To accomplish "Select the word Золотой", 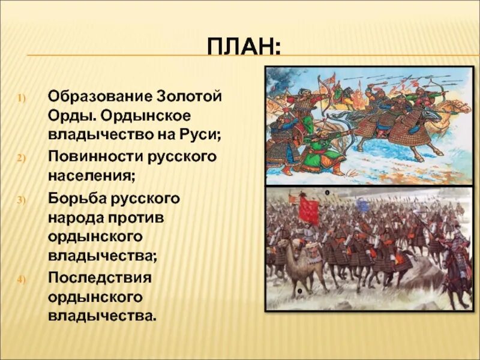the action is click(190, 97).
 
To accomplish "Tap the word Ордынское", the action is click(145, 116).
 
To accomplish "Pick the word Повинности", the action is click(95, 157).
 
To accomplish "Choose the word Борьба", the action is click(77, 199).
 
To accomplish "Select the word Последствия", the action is click(100, 278).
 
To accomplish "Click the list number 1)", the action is click(22, 98).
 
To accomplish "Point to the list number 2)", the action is click(22, 158).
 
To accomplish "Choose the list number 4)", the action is click(22, 280).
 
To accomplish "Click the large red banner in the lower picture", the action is click(308, 211).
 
